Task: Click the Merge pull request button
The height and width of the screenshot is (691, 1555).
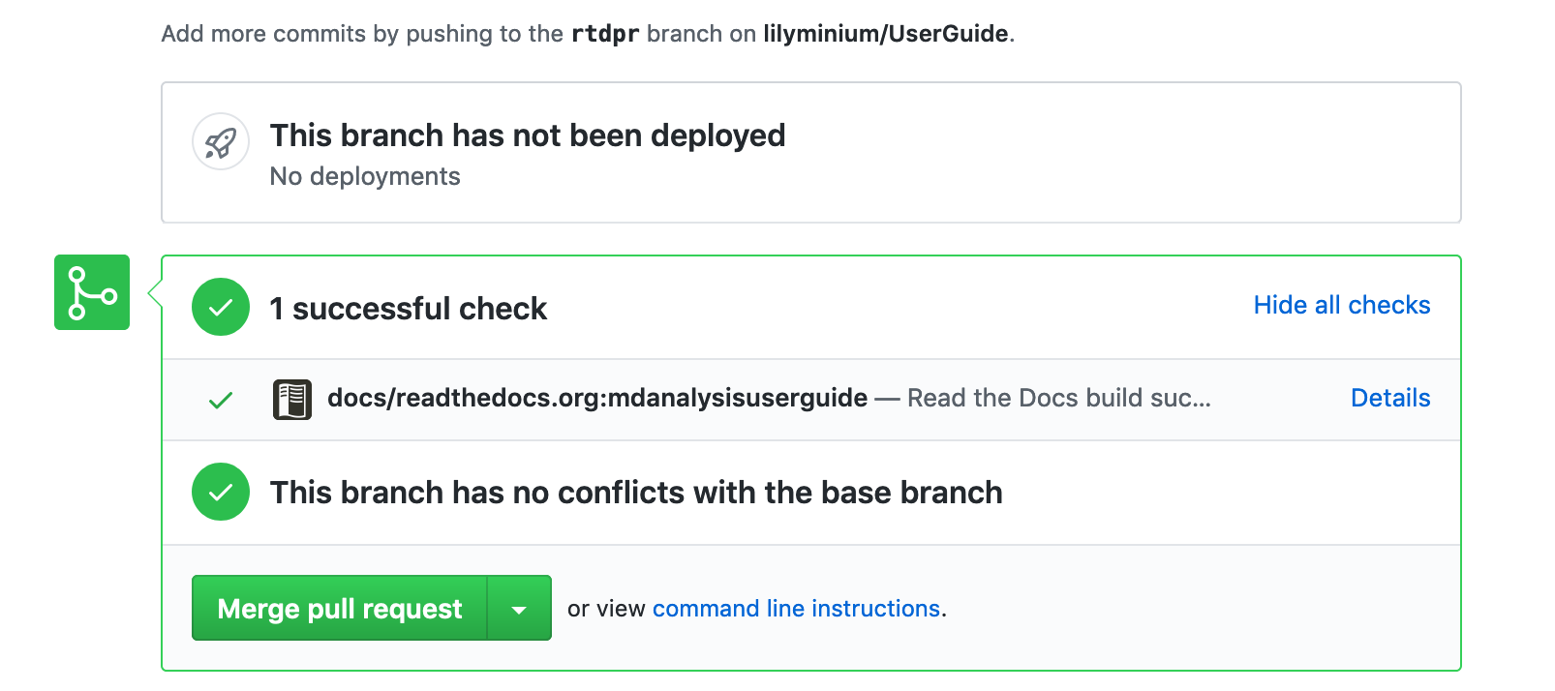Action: click(x=339, y=609)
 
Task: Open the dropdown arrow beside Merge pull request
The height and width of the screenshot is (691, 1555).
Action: click(x=519, y=609)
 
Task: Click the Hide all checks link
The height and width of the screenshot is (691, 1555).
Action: click(x=1341, y=305)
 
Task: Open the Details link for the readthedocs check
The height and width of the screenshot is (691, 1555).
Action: click(x=1389, y=398)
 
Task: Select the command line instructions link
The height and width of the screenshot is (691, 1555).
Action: click(x=796, y=609)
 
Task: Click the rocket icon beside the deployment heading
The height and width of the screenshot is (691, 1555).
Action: click(x=221, y=142)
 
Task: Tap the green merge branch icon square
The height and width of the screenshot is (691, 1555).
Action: click(x=92, y=292)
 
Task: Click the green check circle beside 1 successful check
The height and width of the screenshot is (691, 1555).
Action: click(x=221, y=307)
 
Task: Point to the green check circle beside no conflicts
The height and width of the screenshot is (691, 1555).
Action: click(x=221, y=492)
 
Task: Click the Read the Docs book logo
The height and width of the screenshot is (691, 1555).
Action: click(x=292, y=399)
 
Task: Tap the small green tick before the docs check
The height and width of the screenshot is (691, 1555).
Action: click(x=221, y=400)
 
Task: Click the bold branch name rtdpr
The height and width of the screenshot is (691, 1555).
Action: click(x=605, y=34)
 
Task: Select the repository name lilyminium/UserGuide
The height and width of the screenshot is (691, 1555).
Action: click(x=885, y=34)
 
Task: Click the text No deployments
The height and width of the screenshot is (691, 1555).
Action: click(x=365, y=176)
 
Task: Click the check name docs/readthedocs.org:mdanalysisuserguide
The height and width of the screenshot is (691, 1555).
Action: click(x=596, y=398)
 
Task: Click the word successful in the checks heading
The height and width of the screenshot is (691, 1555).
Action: click(x=372, y=309)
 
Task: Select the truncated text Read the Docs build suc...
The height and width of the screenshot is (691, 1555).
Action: click(x=1058, y=398)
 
